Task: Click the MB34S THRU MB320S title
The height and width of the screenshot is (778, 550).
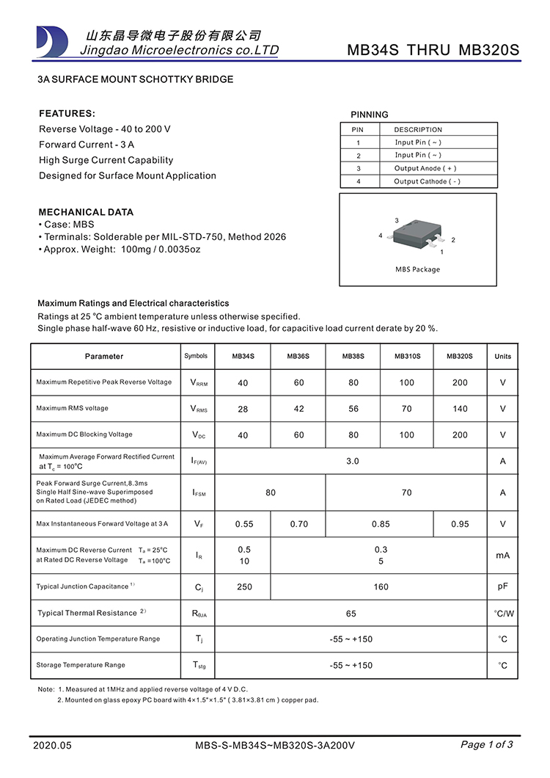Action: tap(433, 51)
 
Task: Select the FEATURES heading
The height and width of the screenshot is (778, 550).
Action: tap(67, 114)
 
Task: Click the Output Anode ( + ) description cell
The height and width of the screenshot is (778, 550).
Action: tap(425, 168)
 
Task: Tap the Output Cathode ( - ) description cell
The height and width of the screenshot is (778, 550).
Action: tap(427, 181)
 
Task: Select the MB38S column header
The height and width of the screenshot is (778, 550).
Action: tap(353, 357)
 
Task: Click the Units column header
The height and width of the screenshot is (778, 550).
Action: tap(503, 357)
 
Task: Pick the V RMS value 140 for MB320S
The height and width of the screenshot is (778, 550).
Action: tap(460, 409)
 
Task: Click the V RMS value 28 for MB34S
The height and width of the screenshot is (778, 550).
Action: tap(243, 409)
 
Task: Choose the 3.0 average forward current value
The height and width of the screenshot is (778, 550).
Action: tap(352, 461)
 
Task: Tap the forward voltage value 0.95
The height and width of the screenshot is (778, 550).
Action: tap(460, 524)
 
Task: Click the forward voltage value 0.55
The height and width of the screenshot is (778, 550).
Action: tap(243, 524)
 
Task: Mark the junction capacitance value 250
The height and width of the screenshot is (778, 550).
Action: tap(243, 586)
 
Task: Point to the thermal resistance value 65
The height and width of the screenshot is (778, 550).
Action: tap(351, 613)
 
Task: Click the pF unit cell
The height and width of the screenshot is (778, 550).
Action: tap(503, 586)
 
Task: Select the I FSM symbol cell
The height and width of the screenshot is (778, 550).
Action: tap(198, 493)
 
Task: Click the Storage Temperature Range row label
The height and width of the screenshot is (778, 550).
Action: tap(81, 665)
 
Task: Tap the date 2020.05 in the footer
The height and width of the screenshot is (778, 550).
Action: tap(53, 745)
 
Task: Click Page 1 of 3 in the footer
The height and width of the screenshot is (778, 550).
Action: tap(486, 744)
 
